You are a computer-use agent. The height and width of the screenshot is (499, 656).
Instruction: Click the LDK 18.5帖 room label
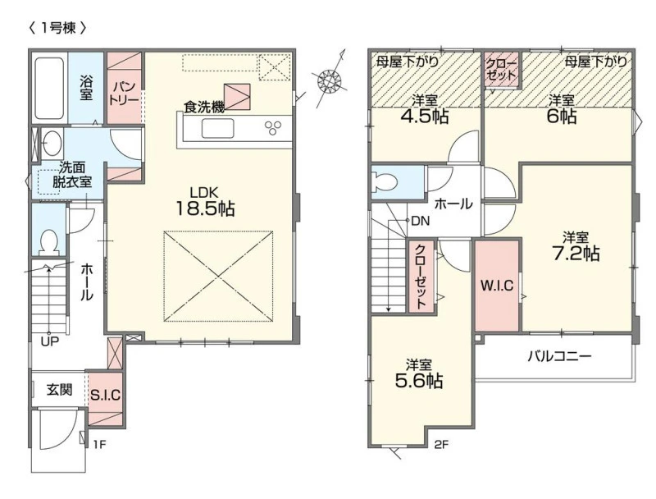point(204,201)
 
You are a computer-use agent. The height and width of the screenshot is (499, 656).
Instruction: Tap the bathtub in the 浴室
point(49,89)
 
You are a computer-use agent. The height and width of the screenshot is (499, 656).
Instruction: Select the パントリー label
point(125,94)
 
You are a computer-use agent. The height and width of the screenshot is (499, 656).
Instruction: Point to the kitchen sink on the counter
point(217,128)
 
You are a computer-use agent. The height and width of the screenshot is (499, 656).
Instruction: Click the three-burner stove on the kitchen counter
point(272,128)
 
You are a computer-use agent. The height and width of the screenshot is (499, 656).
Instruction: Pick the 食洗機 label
point(204,108)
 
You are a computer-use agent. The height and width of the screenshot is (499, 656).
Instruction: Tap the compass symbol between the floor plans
point(330,79)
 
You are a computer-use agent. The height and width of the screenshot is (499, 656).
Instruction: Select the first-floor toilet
point(49,243)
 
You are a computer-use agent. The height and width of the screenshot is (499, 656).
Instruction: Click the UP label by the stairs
point(49,342)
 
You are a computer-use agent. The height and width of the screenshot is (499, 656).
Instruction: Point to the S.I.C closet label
point(106,395)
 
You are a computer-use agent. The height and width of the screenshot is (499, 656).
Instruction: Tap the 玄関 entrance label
point(59,390)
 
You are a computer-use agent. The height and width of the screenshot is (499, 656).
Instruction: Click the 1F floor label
point(99,444)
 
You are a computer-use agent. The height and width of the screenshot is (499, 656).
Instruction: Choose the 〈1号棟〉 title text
point(57,28)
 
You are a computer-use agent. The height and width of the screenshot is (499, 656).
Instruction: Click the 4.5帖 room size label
point(425,117)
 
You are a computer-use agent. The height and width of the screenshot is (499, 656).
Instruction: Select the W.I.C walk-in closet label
point(497,286)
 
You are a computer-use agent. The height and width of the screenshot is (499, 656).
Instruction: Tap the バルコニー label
point(559,357)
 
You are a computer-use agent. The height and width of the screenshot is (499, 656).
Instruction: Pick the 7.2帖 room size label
point(576,254)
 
